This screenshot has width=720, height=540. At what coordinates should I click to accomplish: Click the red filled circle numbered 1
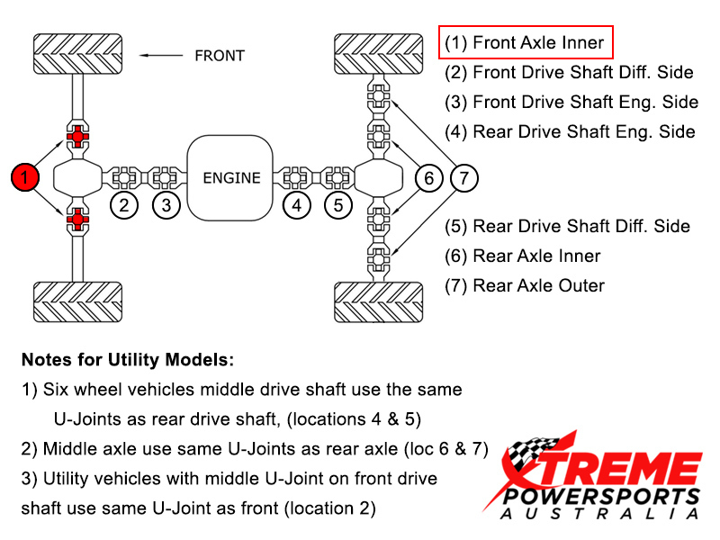pyautogui.click(x=26, y=177)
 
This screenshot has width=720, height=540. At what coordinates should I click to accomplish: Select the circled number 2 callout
pyautogui.click(x=125, y=205)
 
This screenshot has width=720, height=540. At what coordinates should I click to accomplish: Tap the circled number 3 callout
pyautogui.click(x=166, y=205)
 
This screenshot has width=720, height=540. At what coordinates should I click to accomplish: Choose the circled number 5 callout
pyautogui.click(x=337, y=205)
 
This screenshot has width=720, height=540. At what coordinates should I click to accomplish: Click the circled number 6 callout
pyautogui.click(x=429, y=177)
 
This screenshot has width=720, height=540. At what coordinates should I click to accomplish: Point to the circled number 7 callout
pyautogui.click(x=463, y=177)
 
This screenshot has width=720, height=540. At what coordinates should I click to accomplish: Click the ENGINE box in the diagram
pyautogui.click(x=231, y=177)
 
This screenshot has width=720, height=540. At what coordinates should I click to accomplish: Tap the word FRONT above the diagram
pyautogui.click(x=220, y=56)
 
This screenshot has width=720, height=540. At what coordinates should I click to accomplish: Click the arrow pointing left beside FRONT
pyautogui.click(x=163, y=56)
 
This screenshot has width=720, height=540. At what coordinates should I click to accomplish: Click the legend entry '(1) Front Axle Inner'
pyautogui.click(x=526, y=42)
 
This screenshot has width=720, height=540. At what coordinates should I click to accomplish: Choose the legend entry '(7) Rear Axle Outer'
pyautogui.click(x=525, y=285)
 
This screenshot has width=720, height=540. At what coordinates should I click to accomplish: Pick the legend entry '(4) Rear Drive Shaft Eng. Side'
pyautogui.click(x=570, y=131)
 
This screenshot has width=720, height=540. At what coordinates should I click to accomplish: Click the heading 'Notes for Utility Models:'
pyautogui.click(x=127, y=360)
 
